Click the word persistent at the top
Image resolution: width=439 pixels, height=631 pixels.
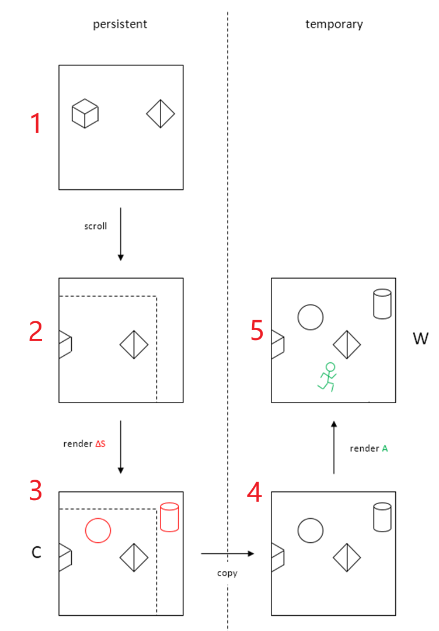120,25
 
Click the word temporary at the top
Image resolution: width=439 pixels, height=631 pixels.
334,25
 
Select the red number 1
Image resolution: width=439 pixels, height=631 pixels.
36,123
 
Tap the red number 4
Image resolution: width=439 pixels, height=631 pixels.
255,492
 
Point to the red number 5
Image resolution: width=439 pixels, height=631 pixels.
257,330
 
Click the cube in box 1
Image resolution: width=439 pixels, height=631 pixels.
85,113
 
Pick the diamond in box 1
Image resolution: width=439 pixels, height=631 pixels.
161,114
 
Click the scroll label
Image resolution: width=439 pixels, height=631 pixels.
96,226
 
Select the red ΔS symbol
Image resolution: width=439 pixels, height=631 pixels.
100,444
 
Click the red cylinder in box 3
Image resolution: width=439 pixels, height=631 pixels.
169,517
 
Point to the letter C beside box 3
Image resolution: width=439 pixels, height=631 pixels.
36,552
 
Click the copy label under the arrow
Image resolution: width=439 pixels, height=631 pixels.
227,573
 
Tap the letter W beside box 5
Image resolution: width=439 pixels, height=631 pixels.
420,339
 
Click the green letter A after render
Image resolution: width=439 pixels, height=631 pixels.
385,448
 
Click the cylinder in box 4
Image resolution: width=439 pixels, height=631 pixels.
382,517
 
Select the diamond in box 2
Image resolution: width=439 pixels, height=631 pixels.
134,345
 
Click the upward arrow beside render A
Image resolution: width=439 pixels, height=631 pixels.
334,448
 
